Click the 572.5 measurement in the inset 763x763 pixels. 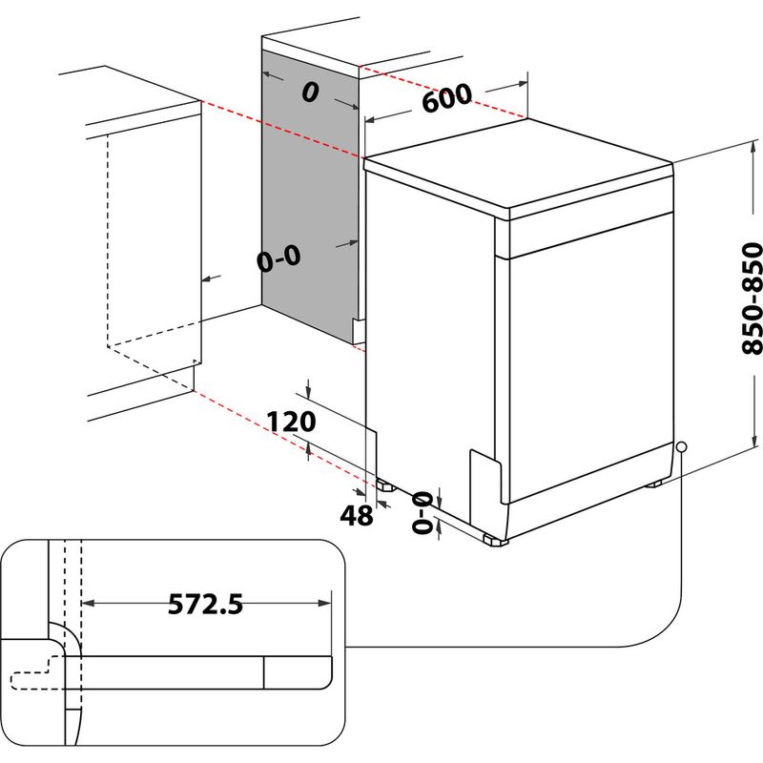click(206, 604)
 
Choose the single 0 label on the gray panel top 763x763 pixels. click(308, 93)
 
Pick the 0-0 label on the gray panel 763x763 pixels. click(278, 257)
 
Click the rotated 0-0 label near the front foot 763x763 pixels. click(421, 513)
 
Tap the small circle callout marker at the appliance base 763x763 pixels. click(681, 446)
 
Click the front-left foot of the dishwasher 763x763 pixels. click(494, 541)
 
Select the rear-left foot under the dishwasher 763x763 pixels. click(385, 484)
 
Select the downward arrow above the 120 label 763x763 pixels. click(309, 392)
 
